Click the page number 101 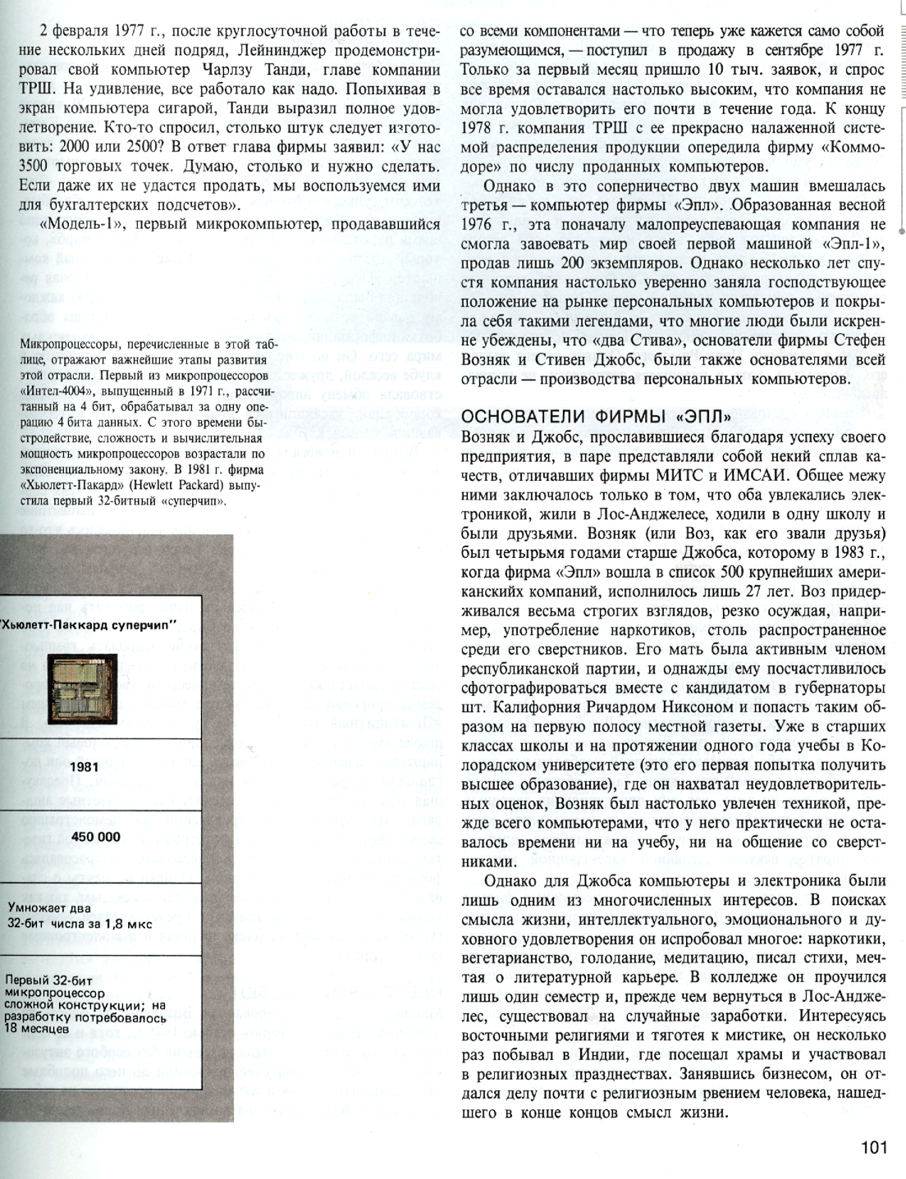point(874,1148)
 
